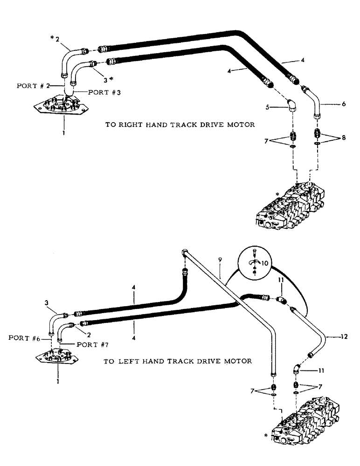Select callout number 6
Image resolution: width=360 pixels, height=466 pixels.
(344, 104)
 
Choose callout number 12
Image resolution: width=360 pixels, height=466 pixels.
(344, 335)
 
